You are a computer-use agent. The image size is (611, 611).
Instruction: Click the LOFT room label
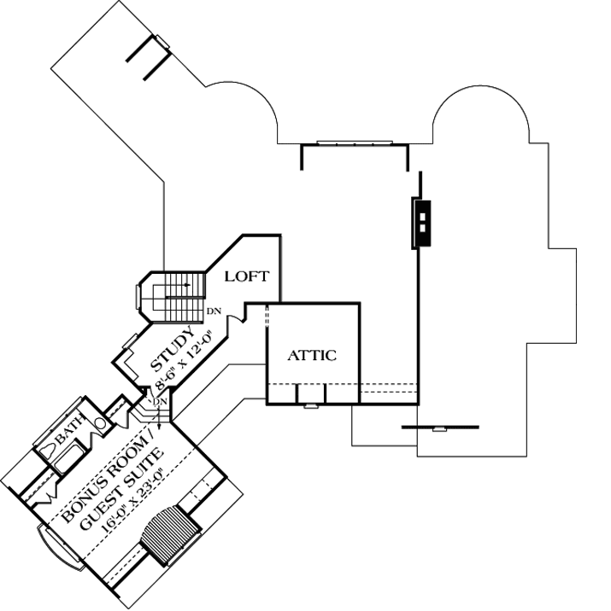(248, 276)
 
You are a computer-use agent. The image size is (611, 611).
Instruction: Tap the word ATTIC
(311, 355)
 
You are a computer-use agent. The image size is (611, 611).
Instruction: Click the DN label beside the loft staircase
(214, 311)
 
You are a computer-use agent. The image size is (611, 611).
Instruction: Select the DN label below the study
(160, 402)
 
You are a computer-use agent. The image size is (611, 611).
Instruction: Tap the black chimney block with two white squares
(422, 223)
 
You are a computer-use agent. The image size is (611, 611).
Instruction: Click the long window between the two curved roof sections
(355, 143)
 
